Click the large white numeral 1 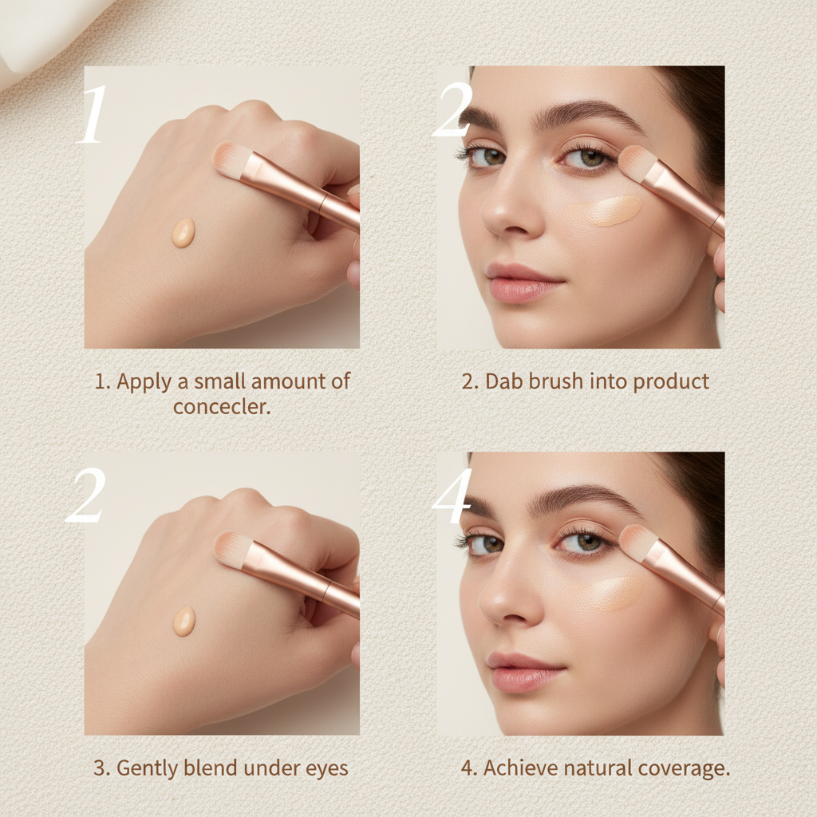click(93, 115)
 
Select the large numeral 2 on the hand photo click(85, 496)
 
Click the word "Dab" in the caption click(503, 381)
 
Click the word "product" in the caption click(670, 381)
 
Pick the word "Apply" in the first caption click(144, 381)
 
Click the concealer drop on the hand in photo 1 click(184, 232)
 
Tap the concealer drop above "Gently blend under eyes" click(184, 621)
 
